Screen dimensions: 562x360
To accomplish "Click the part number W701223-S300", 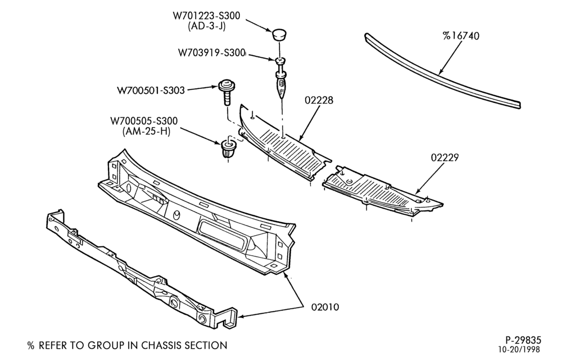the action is click(x=206, y=16).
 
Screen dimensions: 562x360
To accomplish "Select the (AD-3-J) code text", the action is click(x=207, y=26).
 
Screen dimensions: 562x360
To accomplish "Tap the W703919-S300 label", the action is click(x=211, y=53).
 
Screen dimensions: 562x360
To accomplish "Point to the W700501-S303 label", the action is click(x=151, y=90).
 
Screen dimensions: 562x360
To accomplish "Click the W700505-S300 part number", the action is click(x=144, y=120).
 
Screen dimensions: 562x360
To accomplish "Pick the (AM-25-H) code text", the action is click(x=146, y=131).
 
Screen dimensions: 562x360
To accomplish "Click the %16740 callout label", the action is click(x=461, y=36).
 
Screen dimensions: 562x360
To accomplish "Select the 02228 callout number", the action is click(x=319, y=100).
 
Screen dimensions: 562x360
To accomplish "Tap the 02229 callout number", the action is click(x=445, y=157).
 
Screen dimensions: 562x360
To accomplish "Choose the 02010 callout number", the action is click(x=325, y=307).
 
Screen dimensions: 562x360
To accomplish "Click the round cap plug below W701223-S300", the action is click(x=278, y=35).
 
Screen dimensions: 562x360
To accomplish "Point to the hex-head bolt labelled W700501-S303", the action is click(x=226, y=92).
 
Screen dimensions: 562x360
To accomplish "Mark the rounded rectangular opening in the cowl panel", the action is click(x=222, y=236).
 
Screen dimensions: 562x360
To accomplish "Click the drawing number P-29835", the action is click(x=523, y=340).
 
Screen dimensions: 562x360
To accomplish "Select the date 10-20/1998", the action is click(x=518, y=349).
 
